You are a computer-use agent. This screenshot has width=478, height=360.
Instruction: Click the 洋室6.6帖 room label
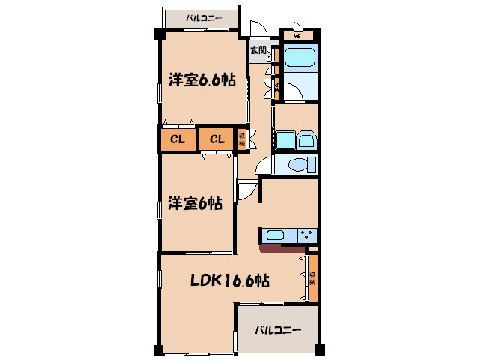[x=202, y=80]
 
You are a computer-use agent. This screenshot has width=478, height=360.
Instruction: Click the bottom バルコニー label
[x=276, y=329]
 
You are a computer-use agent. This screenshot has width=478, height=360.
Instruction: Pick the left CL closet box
[x=178, y=139]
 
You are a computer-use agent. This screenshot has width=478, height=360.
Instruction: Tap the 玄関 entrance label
[x=258, y=50]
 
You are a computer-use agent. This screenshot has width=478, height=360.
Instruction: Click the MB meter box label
[x=297, y=36]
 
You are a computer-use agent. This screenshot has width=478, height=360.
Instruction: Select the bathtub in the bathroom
[x=300, y=58]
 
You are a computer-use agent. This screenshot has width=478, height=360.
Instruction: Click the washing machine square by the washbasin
[x=306, y=140]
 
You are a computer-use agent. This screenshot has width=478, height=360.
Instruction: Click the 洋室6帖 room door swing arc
[x=246, y=190]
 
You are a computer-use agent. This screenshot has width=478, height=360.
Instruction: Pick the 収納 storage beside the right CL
[x=242, y=139]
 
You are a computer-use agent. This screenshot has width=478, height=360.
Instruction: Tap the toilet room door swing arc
[x=263, y=167]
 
